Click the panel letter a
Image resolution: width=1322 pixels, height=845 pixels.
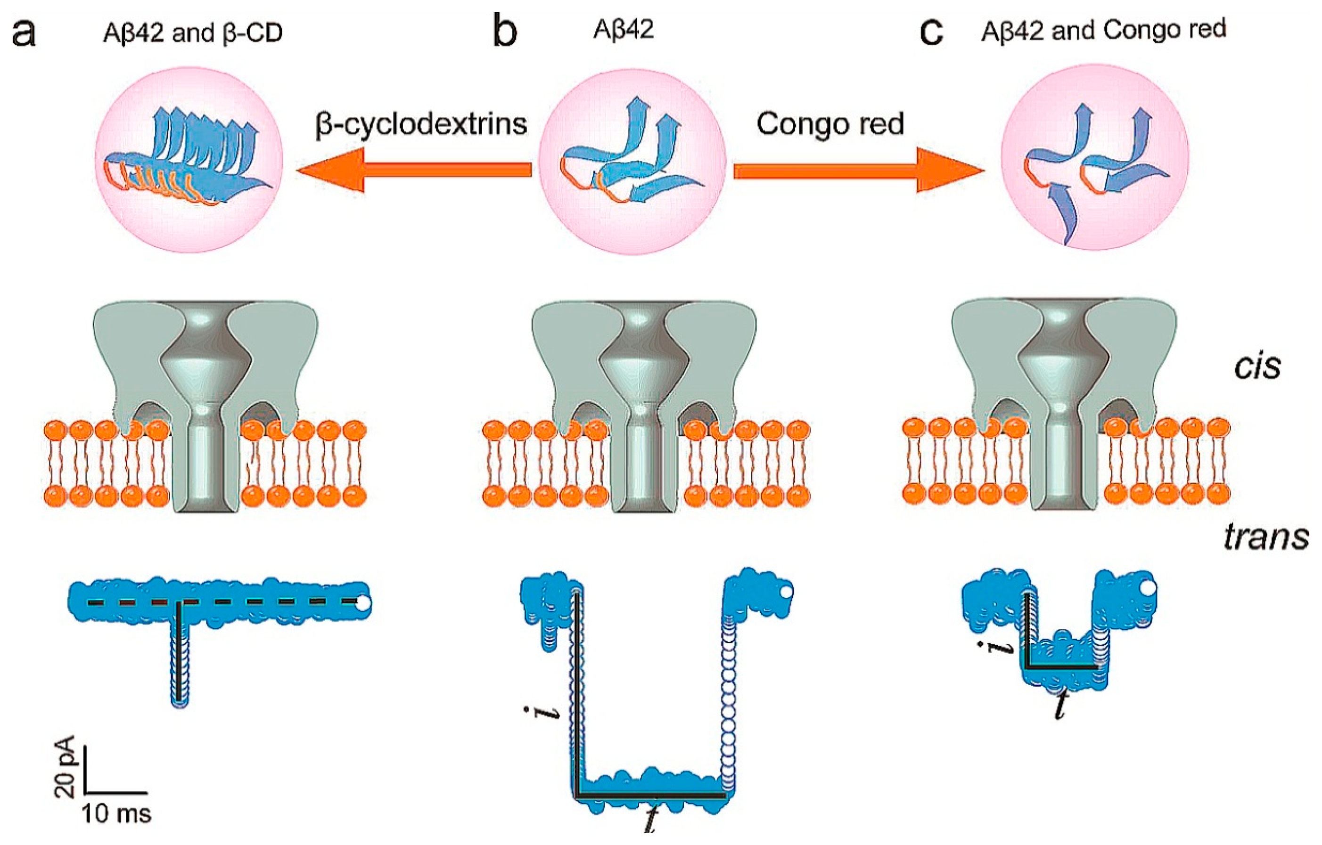point(24,33)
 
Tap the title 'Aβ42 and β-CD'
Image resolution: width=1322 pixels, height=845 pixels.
point(192,33)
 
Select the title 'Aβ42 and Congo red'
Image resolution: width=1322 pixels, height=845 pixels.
point(1103,30)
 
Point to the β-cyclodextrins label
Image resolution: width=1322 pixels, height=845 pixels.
point(421,124)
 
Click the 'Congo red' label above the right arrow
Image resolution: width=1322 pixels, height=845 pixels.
point(830,124)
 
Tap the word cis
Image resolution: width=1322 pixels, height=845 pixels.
point(1257,366)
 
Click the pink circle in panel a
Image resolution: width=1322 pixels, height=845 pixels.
point(189,159)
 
